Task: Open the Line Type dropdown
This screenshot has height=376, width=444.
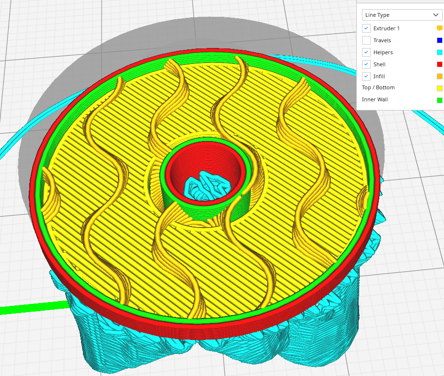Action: point(401,15)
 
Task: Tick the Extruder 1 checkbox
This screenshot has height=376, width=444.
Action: point(366,28)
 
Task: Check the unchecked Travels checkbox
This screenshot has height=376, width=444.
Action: point(366,40)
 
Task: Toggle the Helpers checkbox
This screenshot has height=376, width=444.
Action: point(366,52)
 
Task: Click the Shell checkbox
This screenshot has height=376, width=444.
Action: point(366,64)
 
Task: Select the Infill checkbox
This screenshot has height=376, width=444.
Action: point(366,76)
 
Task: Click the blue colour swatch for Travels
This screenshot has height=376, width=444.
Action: point(439,40)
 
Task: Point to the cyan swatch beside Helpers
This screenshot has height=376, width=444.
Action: point(439,52)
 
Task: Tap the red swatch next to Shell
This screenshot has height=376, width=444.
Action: point(439,64)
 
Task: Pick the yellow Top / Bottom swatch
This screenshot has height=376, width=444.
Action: point(439,88)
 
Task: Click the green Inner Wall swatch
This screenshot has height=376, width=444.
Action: point(439,100)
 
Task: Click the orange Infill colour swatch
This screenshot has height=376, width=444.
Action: point(439,76)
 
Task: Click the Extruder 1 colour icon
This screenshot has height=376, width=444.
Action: point(439,28)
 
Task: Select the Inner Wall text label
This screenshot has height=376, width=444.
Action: point(375,100)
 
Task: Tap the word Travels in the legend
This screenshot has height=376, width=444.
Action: point(382,40)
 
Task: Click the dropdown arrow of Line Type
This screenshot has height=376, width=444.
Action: point(435,15)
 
